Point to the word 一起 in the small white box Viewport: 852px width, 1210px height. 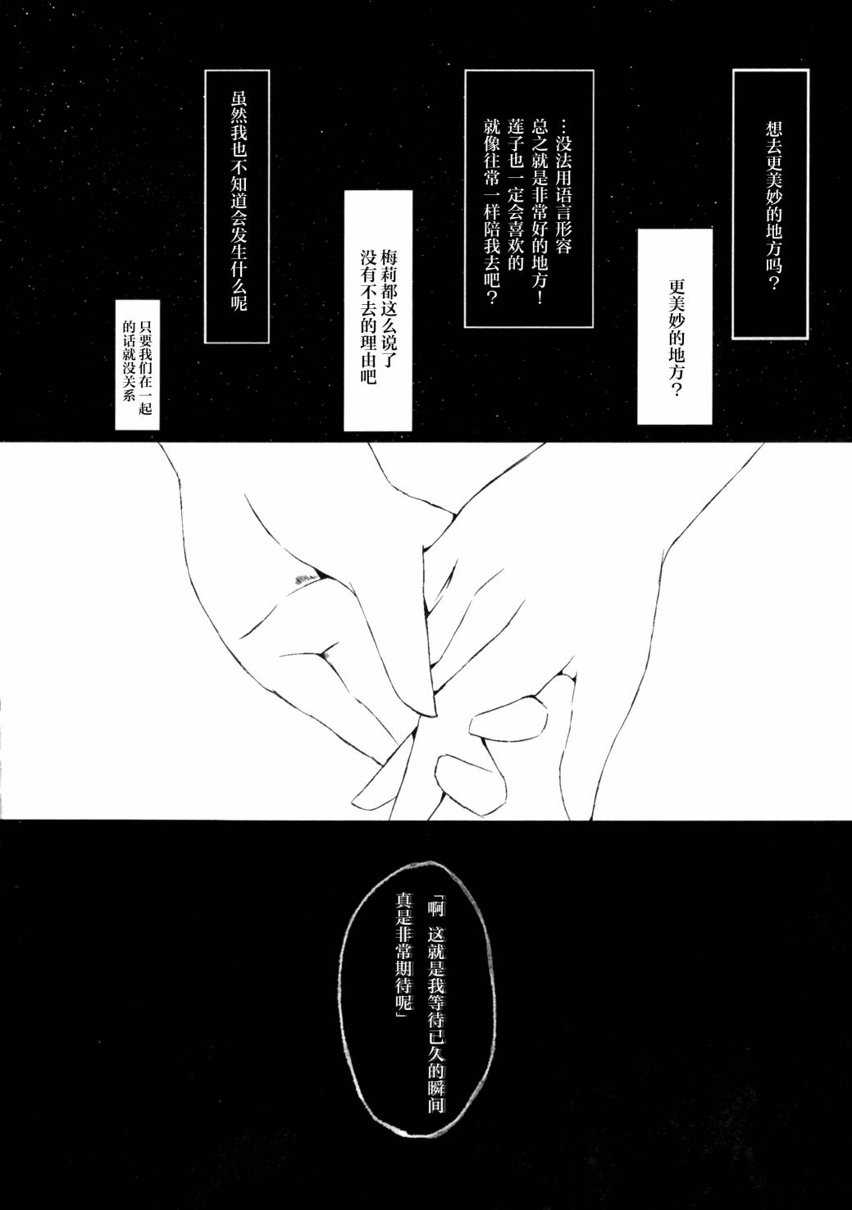tap(145, 400)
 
